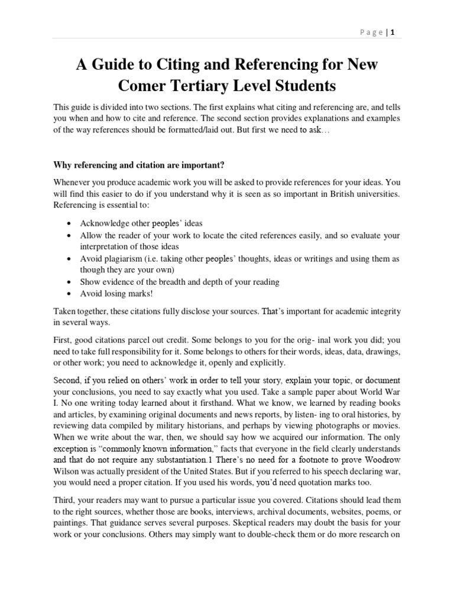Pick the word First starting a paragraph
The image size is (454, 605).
[x=64, y=340]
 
